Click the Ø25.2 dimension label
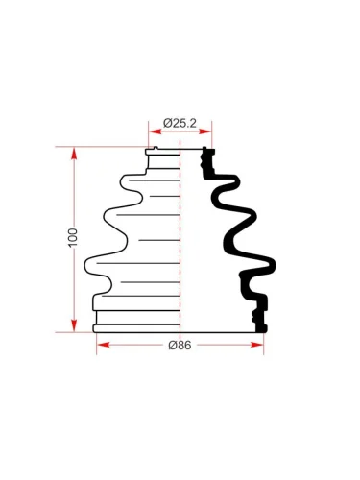click(180, 123)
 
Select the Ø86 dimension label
click(180, 345)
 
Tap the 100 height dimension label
click(73, 238)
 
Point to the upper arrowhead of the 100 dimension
click(74, 154)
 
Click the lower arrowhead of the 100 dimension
click(74, 325)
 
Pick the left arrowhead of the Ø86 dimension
click(103, 345)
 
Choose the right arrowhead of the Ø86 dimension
click(257, 345)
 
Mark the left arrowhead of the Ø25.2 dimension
click(155, 132)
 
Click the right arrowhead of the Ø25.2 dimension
click(205, 132)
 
